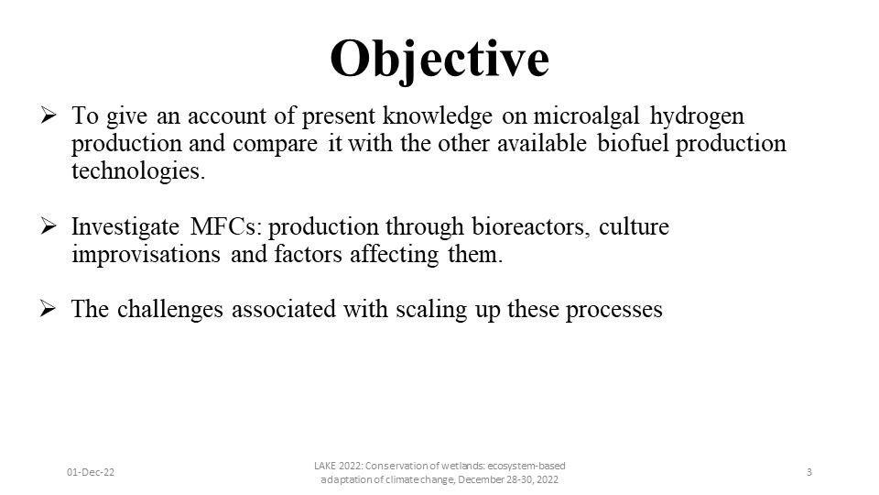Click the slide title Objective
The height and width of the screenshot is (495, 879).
coord(439,60)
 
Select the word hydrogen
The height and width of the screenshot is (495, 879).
coord(697,116)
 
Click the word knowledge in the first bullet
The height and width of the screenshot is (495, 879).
coord(438,116)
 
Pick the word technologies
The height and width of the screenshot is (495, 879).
coord(138,171)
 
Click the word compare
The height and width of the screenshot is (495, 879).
coord(276,144)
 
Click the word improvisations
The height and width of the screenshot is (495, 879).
coord(146,255)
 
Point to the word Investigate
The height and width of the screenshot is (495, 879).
coord(125,227)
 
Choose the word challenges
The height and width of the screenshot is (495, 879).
coord(170,309)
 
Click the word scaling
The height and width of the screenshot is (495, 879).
coord(431,309)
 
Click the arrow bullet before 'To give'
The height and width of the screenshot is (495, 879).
coord(49,115)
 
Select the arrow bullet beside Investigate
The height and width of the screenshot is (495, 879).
coord(49,226)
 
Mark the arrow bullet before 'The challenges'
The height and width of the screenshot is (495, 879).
coord(49,309)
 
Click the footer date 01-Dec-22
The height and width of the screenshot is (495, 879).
coord(91,472)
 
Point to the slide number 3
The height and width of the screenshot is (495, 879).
coord(808,472)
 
